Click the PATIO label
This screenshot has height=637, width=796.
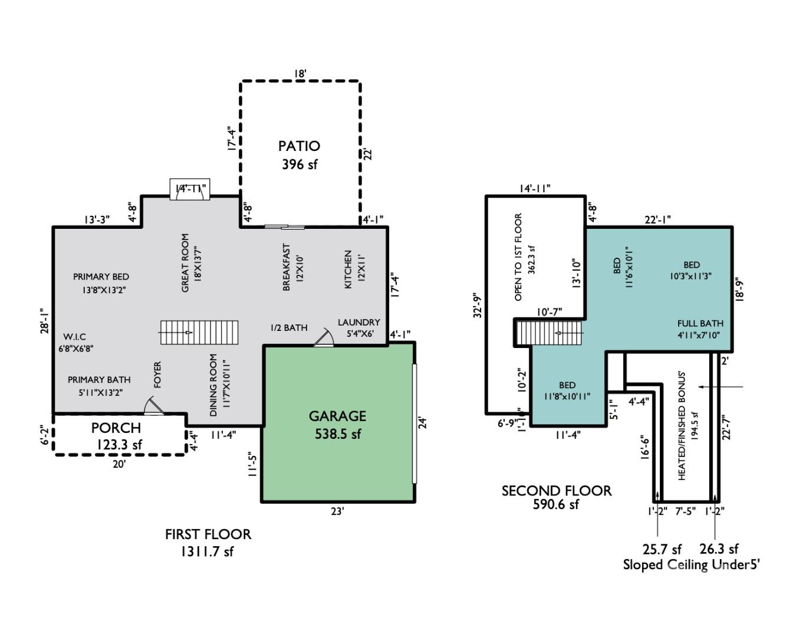[x=299, y=146]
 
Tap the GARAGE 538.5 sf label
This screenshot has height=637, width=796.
[x=337, y=425]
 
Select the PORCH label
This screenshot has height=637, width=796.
[x=116, y=428]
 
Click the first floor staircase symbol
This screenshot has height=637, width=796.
[x=199, y=333]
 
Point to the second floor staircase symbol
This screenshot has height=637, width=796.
[x=548, y=333]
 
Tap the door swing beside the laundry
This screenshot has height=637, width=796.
[x=323, y=337]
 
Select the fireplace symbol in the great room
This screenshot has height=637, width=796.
[x=190, y=189]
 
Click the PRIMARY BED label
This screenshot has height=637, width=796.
[x=101, y=277]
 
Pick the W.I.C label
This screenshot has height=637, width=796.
[x=75, y=337]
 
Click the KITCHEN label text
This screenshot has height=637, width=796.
[x=348, y=269]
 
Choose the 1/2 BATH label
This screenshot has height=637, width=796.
[x=288, y=328]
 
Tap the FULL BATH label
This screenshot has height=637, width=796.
[x=700, y=323]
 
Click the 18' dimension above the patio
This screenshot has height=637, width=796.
[x=300, y=74]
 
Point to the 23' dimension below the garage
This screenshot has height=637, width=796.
[x=337, y=511]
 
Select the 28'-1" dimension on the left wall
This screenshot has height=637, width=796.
[x=42, y=321]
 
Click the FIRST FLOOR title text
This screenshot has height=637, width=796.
[x=208, y=534]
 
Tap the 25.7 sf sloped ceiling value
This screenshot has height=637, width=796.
[x=662, y=550]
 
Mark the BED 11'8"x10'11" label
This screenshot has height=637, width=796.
[x=567, y=390]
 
